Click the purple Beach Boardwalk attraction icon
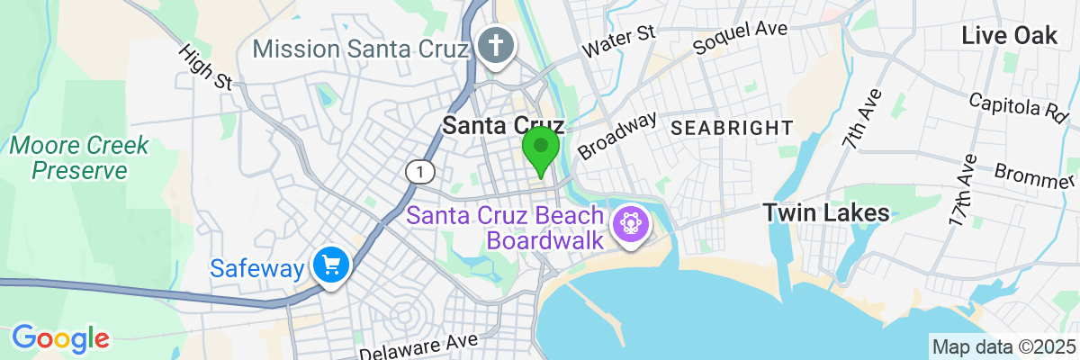(x=629, y=221)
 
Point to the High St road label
(x=206, y=68)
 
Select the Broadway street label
(x=618, y=135)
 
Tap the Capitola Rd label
(x=1023, y=104)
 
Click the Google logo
(x=60, y=337)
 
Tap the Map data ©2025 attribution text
(x=1003, y=347)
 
